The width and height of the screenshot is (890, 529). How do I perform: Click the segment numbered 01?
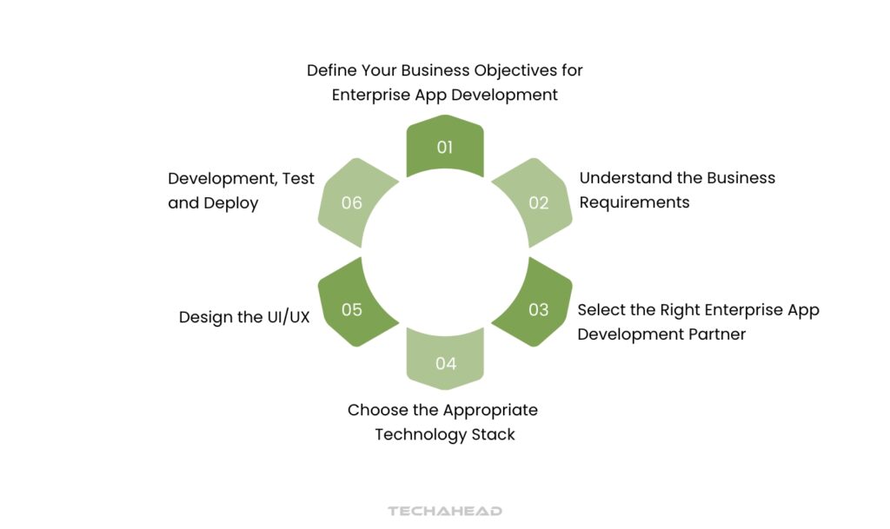[445, 147]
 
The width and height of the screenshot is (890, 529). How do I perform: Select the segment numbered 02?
[538, 203]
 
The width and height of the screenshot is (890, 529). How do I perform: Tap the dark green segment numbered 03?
[538, 309]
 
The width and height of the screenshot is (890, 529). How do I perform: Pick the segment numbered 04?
[445, 363]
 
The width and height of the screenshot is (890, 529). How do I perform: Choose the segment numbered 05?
[352, 309]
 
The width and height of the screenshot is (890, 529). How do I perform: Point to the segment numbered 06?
[352, 203]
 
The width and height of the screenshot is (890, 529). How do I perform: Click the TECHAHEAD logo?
[445, 511]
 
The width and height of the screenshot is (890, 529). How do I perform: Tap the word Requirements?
[634, 202]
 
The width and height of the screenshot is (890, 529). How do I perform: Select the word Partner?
[714, 334]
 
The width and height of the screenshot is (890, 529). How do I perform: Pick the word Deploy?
[231, 203]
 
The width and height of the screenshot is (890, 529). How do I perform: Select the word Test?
[297, 178]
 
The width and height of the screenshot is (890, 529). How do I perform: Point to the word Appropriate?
[489, 410]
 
